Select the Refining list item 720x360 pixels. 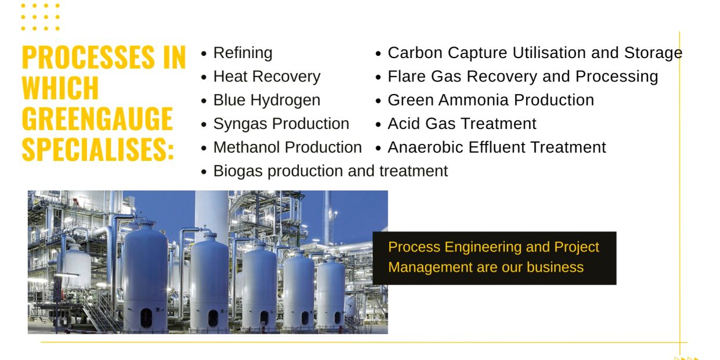tap(243, 53)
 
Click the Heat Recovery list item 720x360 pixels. tap(267, 77)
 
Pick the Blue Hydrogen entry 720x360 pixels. tap(267, 100)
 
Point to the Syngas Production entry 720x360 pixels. tap(281, 124)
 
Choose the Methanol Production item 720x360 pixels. tap(287, 147)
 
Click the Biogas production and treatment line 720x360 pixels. tap(330, 171)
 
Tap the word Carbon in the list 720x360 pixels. tap(415, 53)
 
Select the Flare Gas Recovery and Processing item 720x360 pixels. tap(523, 77)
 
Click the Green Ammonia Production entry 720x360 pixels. tap(491, 100)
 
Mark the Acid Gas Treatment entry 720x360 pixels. tap(462, 124)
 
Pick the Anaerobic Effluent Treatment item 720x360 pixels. tap(496, 147)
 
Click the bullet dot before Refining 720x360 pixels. tap(203, 53)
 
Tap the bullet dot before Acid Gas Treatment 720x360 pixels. tap(378, 125)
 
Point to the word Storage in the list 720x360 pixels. tap(653, 53)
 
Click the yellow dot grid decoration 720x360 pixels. tap(41, 17)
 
